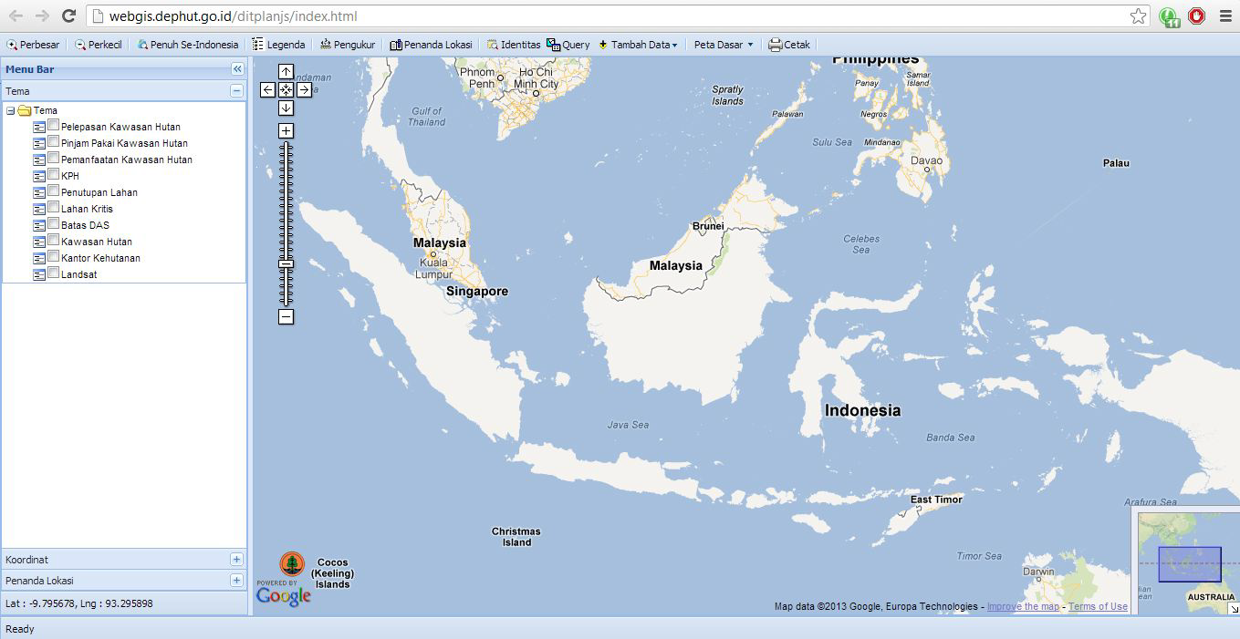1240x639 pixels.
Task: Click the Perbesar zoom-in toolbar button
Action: point(33,45)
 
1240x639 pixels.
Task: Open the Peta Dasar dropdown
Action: point(724,45)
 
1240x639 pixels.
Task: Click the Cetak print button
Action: point(789,45)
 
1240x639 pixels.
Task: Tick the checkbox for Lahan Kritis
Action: point(54,208)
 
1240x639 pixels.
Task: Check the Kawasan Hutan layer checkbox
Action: point(54,241)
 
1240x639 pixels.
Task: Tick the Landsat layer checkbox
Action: point(54,273)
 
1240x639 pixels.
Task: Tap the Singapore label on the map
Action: point(476,292)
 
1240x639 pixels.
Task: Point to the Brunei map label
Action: point(708,226)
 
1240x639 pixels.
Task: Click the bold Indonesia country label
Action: point(862,410)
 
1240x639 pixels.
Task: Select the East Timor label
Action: point(936,500)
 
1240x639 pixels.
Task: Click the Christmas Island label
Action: point(516,537)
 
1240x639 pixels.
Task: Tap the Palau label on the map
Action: point(1116,163)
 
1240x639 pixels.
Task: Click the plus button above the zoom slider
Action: point(286,131)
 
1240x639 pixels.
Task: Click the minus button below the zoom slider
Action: point(286,317)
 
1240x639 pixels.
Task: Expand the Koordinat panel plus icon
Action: point(236,560)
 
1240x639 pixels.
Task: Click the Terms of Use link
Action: point(1098,607)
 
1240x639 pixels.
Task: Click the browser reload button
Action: point(68,15)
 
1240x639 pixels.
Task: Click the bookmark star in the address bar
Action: point(1138,15)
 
